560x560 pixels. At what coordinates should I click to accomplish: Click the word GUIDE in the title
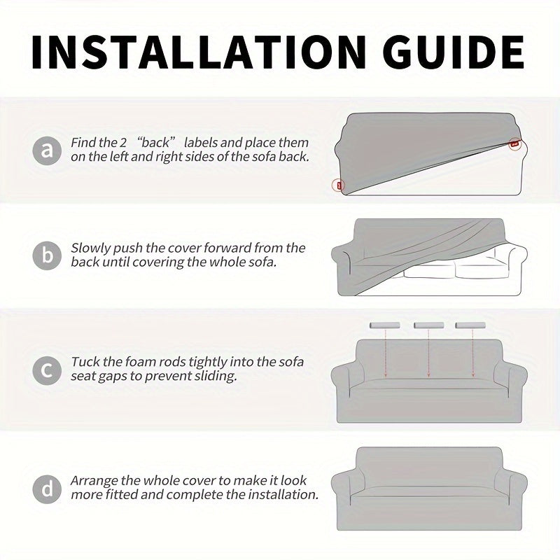456,52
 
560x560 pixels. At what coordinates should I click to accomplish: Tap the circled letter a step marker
47,150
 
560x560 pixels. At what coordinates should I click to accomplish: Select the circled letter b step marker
47,255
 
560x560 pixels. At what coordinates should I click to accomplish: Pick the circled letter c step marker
47,370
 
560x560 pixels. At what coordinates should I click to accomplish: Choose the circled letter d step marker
47,489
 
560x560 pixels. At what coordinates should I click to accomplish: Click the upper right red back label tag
514,143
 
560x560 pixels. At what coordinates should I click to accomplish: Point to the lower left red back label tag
339,185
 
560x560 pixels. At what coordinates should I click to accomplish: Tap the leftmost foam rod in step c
384,325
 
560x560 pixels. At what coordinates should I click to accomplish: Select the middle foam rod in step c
428,325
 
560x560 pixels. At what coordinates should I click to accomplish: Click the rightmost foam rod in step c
470,325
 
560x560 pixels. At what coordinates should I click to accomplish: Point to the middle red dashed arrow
429,353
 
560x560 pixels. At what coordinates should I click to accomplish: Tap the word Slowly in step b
90,248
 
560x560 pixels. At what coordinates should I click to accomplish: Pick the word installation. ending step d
283,495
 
